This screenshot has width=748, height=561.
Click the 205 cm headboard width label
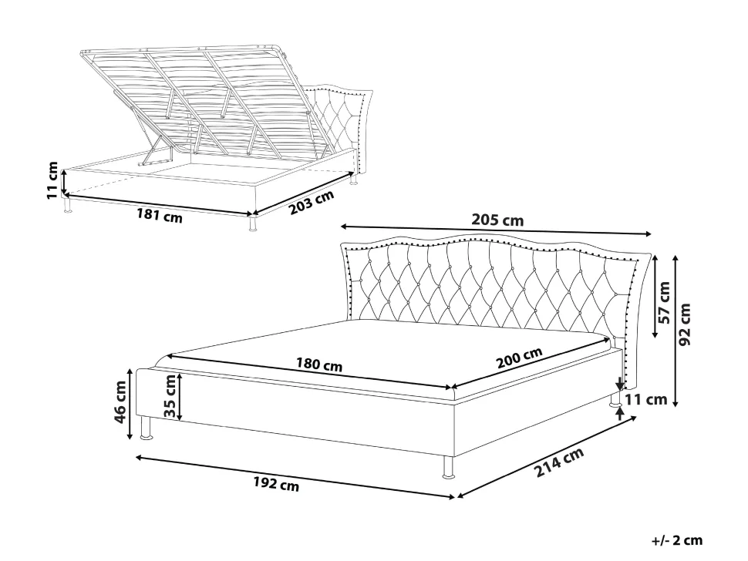[497, 220]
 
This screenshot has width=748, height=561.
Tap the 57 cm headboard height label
[664, 302]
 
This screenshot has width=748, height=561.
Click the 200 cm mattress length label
[520, 358]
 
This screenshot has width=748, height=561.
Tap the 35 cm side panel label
[170, 396]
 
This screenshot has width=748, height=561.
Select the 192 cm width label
[276, 484]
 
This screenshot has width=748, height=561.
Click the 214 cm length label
[558, 462]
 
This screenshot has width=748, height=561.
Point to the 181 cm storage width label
[160, 216]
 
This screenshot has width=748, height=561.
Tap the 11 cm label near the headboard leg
[646, 399]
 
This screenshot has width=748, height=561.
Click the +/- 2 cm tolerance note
[677, 540]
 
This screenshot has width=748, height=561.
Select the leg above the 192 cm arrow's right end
[449, 467]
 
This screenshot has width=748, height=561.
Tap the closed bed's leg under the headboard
[614, 400]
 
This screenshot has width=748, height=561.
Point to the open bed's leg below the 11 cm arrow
[67, 205]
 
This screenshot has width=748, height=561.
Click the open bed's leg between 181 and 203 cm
[252, 223]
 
